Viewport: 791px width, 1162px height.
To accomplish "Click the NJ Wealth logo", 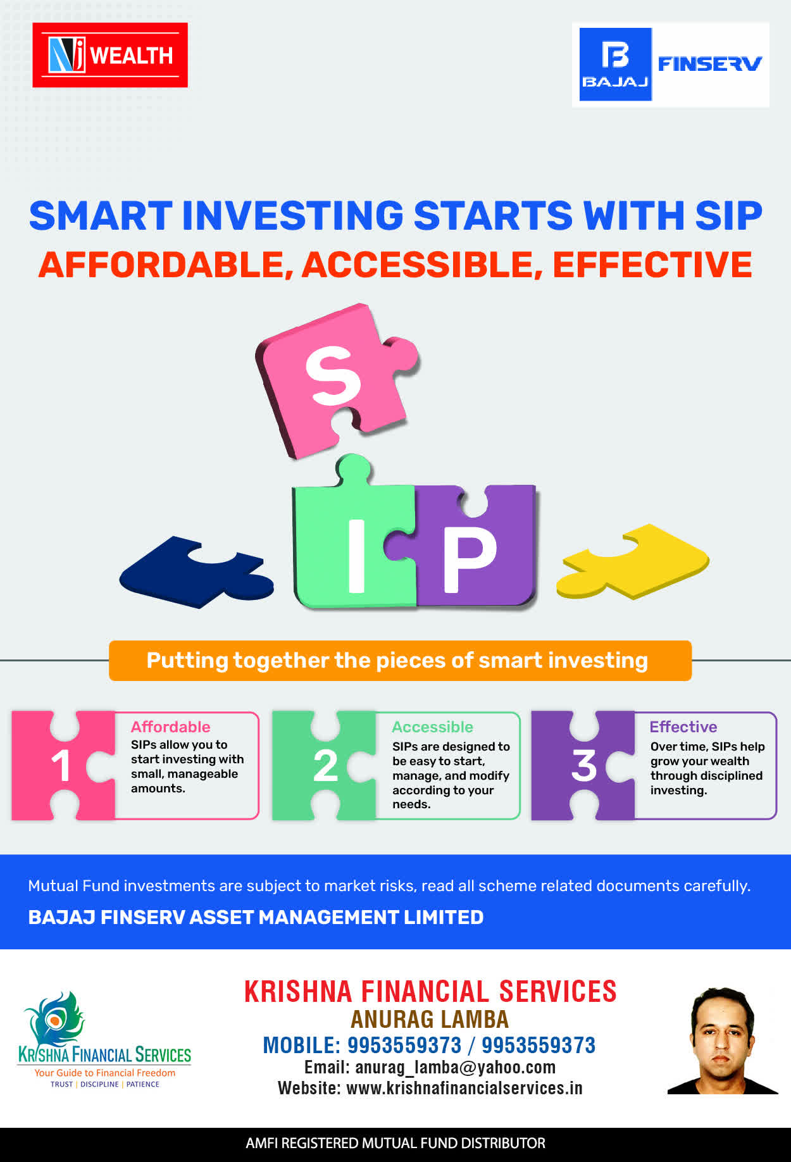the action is tap(110, 55).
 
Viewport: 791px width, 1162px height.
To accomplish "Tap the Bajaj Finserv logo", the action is tap(671, 65).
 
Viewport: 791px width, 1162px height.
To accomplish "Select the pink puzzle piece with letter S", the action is tap(335, 380).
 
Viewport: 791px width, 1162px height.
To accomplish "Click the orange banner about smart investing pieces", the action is tap(400, 661).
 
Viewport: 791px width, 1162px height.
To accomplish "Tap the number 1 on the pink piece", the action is tap(61, 766).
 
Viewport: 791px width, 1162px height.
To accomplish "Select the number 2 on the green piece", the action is tap(325, 766).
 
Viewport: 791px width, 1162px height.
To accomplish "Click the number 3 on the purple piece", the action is tap(583, 766).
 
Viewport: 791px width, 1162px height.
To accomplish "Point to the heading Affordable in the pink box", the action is tap(170, 727).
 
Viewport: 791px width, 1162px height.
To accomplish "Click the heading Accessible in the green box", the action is tap(432, 727).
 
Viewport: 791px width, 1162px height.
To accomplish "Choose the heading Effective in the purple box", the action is tap(683, 727).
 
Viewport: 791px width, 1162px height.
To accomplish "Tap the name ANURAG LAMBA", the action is tap(430, 1019).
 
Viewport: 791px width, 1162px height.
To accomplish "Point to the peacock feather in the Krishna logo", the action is tap(56, 1018).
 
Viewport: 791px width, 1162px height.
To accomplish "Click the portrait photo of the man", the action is tap(723, 1040).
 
